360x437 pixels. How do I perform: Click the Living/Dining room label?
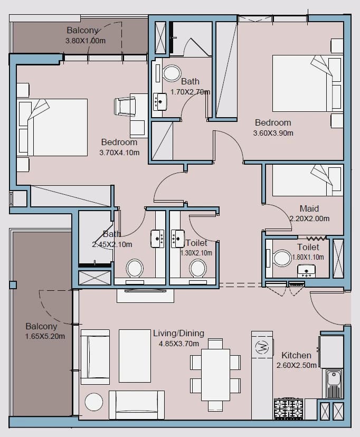tap(178, 334)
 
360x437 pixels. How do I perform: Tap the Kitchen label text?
tap(296, 355)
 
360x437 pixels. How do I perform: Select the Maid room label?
tap(309, 208)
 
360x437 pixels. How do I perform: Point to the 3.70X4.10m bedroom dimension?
tap(119, 153)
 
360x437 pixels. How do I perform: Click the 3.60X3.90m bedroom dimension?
tap(273, 133)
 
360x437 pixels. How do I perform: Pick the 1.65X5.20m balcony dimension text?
tap(45, 336)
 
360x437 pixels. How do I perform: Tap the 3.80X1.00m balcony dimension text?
tap(86, 41)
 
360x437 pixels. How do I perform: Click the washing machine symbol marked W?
tap(262, 347)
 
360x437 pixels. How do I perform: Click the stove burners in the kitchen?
tap(288, 409)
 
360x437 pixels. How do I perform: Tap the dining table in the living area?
tap(216, 375)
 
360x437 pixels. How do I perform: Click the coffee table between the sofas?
tap(135, 356)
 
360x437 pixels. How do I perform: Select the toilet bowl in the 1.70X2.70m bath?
tap(172, 73)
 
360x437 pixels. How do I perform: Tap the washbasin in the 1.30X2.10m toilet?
tap(178, 239)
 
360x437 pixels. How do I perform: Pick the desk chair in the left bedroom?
tap(125, 106)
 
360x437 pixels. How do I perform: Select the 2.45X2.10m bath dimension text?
tap(112, 245)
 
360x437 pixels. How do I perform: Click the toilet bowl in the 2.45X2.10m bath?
tap(135, 269)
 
